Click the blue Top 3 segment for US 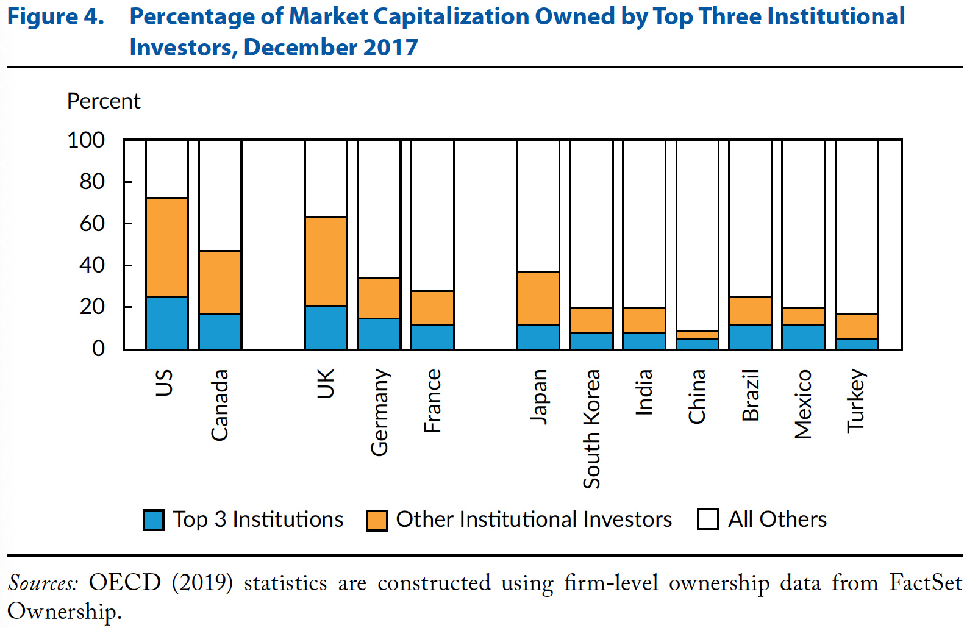click(167, 323)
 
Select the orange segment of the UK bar click(326, 261)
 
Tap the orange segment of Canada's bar click(220, 282)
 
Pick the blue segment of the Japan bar click(538, 337)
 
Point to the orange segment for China click(698, 335)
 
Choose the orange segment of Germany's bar click(379, 298)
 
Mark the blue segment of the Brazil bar click(751, 337)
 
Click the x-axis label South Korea click(591, 429)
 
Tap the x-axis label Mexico click(804, 404)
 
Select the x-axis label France click(432, 401)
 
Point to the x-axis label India click(644, 392)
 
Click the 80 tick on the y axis click(92, 182)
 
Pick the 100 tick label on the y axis click(86, 140)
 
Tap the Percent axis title click(104, 101)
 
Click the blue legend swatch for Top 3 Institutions click(153, 520)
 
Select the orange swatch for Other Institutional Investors click(377, 520)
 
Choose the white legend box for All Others click(707, 519)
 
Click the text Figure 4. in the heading click(55, 17)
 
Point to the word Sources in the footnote click(43, 583)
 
